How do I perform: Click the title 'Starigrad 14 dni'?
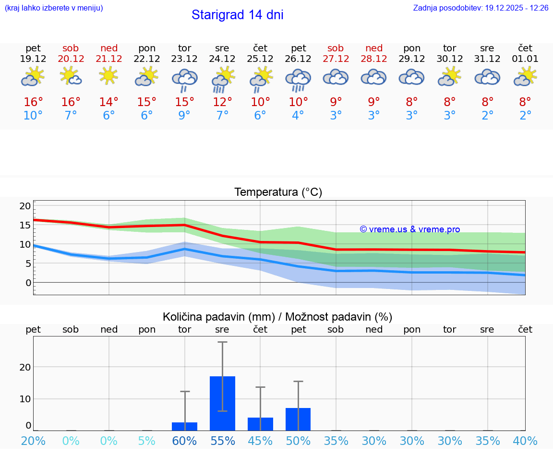click(237, 15)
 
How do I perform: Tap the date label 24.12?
click(222, 59)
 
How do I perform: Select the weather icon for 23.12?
click(185, 80)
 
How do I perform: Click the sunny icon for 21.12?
click(109, 76)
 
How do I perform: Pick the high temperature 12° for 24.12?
click(222, 102)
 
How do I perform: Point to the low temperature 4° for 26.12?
click(298, 116)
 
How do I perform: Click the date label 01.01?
click(525, 59)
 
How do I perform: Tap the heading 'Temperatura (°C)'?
click(278, 192)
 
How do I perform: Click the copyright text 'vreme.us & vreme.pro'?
click(409, 229)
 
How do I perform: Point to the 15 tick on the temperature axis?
click(25, 225)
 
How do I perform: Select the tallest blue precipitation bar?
click(222, 403)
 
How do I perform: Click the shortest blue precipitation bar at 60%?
click(185, 426)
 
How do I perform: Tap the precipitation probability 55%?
click(222, 441)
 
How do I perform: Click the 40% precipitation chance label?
click(525, 441)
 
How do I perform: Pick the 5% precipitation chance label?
click(147, 441)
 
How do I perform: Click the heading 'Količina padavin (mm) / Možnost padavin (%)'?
click(277, 317)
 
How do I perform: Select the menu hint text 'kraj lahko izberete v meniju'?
click(54, 8)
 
